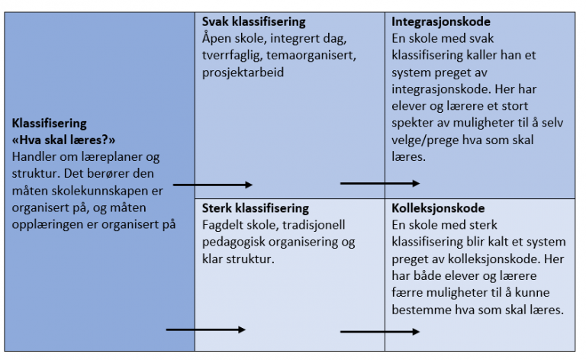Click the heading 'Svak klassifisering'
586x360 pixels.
pos(254,21)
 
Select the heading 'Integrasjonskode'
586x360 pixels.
pos(441,21)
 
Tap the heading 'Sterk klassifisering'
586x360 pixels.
pos(256,208)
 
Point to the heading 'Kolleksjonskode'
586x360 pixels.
pos(438,208)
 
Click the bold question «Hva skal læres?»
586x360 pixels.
pos(63,140)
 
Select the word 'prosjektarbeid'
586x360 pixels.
pos(243,72)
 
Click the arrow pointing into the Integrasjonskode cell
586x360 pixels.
pos(380,183)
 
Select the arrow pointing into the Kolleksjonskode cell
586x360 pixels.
pos(380,331)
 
